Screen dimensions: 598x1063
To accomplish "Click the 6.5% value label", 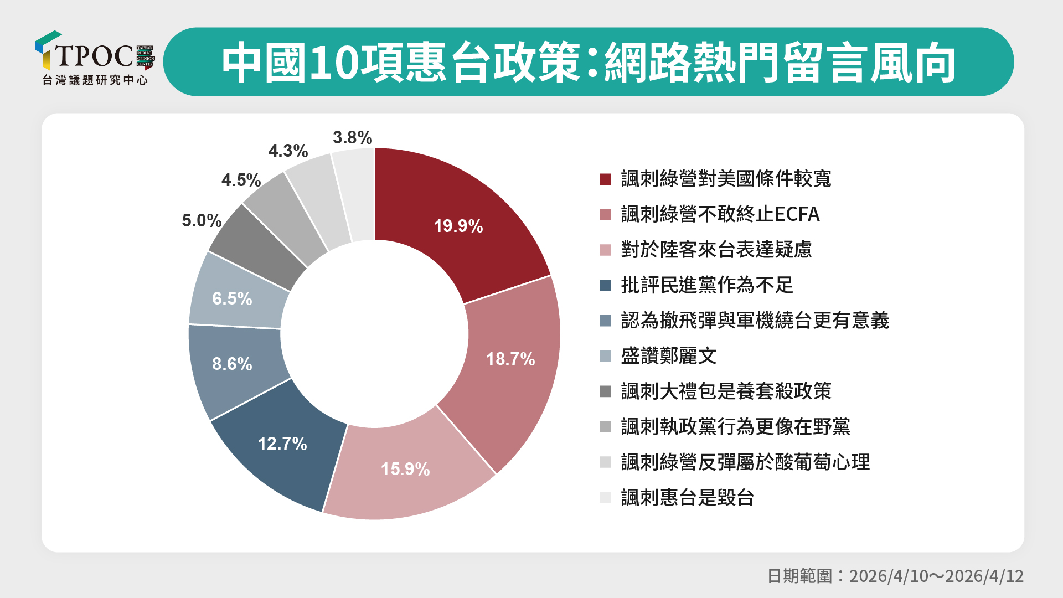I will point(233,299).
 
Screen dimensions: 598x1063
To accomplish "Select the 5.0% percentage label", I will point(202,220).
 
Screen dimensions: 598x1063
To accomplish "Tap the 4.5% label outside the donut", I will point(241,180).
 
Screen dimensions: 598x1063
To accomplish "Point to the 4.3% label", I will point(288,151).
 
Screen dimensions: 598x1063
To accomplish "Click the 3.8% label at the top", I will point(352,137).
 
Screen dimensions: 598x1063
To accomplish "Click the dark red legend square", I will point(605,179).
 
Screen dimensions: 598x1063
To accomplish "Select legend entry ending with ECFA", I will point(720,214).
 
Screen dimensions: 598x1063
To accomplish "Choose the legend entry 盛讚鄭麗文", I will point(668,356).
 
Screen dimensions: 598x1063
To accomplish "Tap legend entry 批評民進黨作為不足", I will point(707,285).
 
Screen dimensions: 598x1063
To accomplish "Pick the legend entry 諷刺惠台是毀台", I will point(687,498).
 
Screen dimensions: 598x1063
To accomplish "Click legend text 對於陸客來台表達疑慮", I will point(716,250).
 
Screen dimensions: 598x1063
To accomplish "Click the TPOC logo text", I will point(94,55).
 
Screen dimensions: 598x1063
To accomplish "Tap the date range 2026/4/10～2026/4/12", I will point(936,576).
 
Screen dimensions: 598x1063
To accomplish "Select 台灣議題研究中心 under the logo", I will point(95,80).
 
